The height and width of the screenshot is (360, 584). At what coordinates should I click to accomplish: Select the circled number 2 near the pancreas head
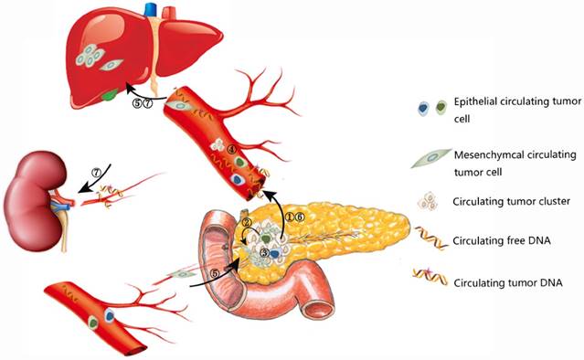click(245, 223)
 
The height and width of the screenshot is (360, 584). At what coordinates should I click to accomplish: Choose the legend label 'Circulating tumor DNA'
click(504, 282)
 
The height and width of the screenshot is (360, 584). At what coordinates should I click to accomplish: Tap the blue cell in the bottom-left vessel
click(110, 317)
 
